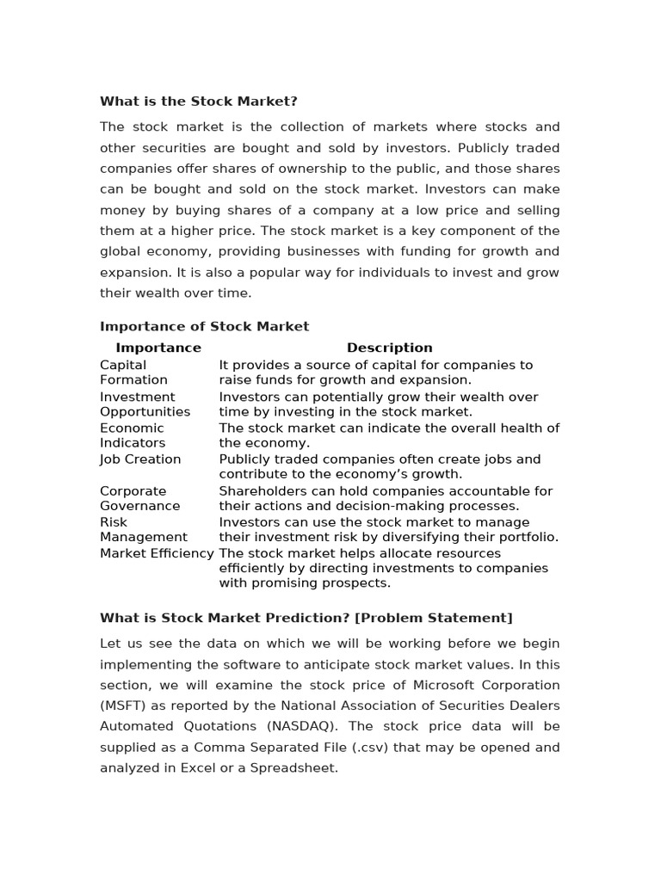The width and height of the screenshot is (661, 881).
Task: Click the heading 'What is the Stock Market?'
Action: point(198,102)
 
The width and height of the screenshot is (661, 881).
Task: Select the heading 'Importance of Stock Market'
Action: point(204,326)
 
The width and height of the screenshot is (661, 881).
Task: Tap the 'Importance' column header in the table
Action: point(158,348)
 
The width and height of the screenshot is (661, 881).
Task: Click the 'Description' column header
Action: point(389,348)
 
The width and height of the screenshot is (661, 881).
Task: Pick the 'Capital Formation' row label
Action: point(133,373)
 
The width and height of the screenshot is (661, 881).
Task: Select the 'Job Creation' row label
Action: point(140,459)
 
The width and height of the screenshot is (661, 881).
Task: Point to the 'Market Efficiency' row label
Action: point(157,553)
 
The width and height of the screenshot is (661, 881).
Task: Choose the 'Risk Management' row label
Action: point(143,530)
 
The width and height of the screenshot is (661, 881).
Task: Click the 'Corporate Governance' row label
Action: point(139,499)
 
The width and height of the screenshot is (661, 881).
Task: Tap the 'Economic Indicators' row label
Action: point(133,435)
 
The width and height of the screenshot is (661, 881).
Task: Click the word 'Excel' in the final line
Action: point(188,767)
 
